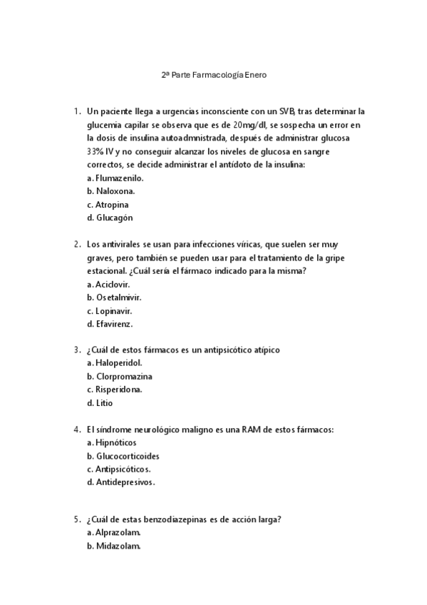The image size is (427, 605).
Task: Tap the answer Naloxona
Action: point(115,191)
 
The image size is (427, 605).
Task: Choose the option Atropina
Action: point(112,205)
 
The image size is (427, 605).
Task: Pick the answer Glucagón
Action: point(114,218)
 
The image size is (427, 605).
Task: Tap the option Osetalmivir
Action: point(118,297)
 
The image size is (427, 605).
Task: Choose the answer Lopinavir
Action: point(114,310)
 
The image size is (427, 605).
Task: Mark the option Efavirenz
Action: point(114,323)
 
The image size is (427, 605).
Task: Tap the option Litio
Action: point(104,403)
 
